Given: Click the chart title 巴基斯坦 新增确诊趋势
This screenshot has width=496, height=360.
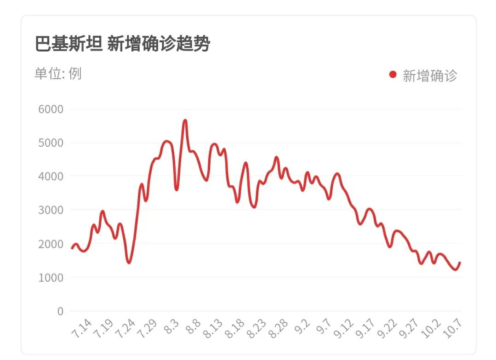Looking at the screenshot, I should tap(122, 44).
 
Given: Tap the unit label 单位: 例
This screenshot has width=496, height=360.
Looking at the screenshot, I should tap(58, 74).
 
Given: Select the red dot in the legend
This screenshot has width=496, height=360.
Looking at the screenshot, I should tap(393, 74).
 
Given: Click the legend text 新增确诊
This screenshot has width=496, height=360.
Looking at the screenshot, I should tap(430, 75).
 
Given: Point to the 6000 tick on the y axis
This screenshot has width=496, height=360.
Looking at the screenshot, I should tap(51, 109).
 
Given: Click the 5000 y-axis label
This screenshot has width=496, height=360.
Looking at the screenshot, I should tap(51, 143).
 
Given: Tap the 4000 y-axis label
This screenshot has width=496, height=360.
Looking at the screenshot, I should tap(51, 177).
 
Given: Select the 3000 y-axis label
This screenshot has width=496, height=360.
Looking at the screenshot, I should tap(51, 210).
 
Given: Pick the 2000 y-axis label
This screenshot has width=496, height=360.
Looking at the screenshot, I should tap(51, 244).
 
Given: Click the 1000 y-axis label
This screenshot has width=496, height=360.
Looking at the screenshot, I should tap(51, 278).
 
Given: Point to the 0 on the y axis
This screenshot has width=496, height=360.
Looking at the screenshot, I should tap(60, 311).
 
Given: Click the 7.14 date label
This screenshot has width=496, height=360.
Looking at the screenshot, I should tap(83, 329).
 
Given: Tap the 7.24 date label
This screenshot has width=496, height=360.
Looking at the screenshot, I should tap(126, 329).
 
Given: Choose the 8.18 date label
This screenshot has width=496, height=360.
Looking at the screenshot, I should tap(235, 329).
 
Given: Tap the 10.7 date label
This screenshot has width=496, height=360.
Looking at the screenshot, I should tap(453, 329).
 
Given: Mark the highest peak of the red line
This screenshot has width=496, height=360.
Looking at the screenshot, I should tap(185, 120).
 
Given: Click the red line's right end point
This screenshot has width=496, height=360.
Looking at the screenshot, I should tap(460, 263).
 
